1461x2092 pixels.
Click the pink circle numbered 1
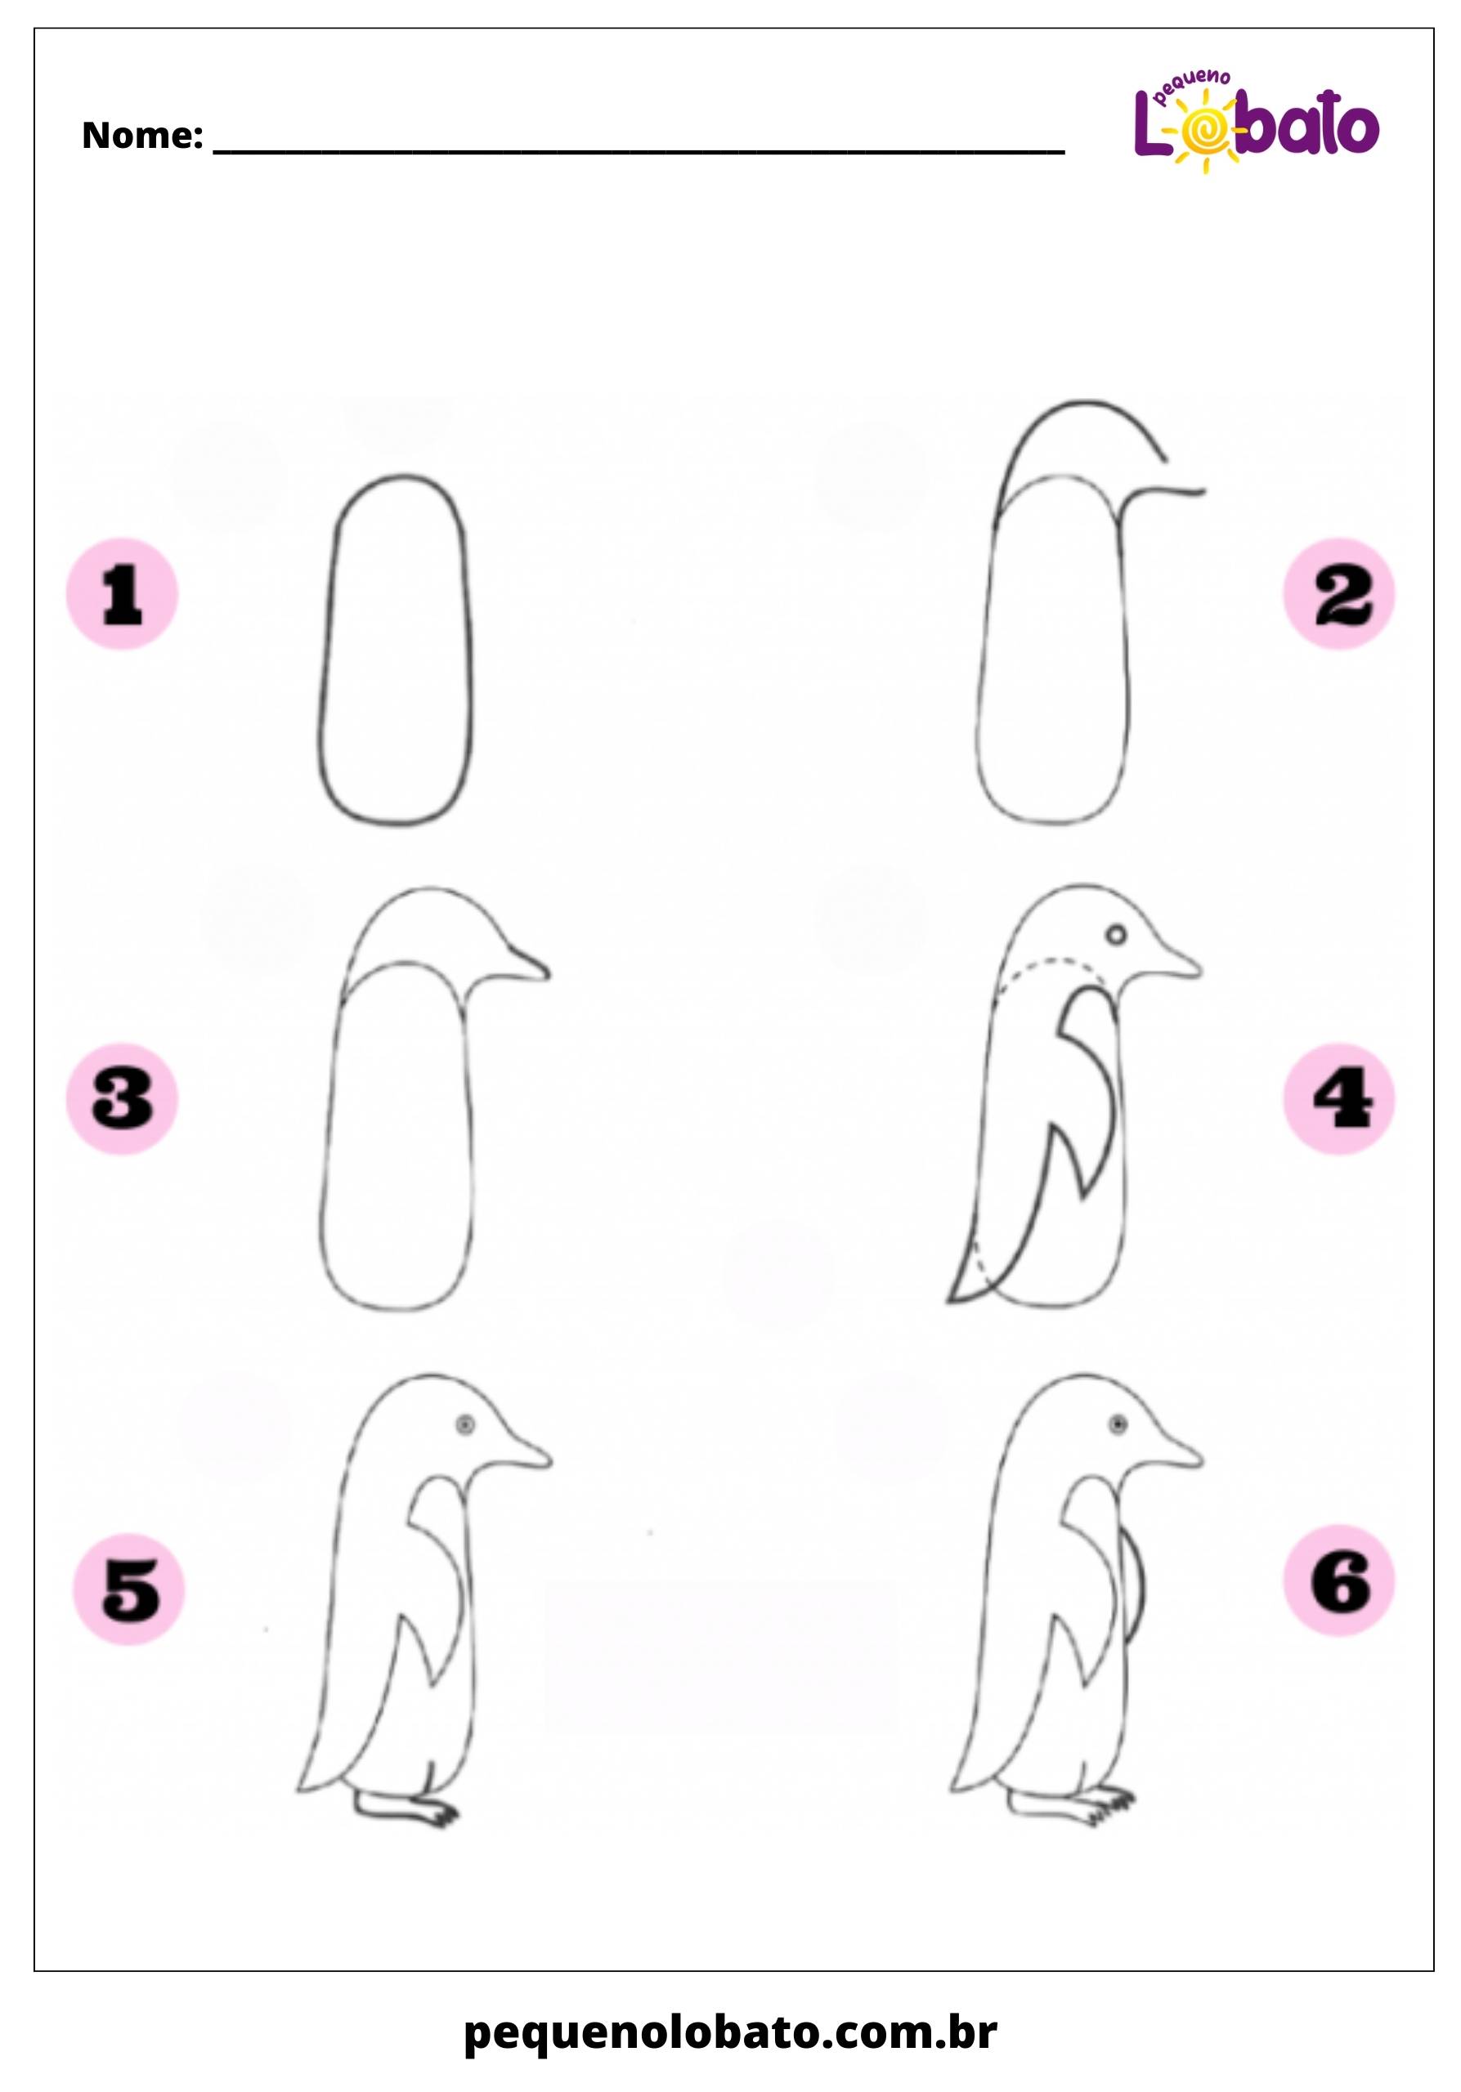pos(122,594)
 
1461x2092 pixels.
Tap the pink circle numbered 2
pos(1339,594)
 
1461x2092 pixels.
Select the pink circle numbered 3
pos(122,1099)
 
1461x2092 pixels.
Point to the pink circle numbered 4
pos(1339,1099)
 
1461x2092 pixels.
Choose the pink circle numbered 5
pos(128,1588)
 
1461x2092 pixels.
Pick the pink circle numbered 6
pos(1339,1579)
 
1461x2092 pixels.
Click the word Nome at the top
pos(141,136)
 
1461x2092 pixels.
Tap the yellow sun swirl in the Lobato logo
pos(1205,136)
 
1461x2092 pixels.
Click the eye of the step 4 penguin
pos(1117,934)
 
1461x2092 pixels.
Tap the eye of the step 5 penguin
pos(466,1424)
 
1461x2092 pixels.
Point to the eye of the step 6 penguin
pos(1118,1424)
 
